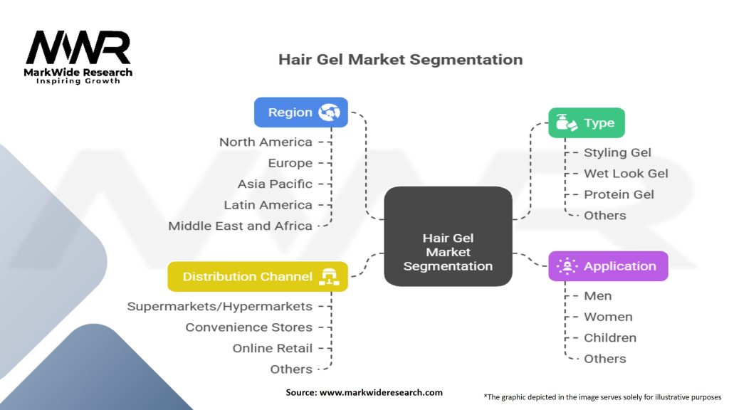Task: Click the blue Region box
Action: point(300,112)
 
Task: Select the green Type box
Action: point(586,123)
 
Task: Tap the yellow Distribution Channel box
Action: point(257,277)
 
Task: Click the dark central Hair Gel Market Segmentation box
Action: point(448,236)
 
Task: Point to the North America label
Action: point(266,142)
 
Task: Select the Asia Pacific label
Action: point(275,184)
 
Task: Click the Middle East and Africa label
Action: point(240,226)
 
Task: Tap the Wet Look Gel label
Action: point(626,173)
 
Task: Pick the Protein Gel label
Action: point(619,194)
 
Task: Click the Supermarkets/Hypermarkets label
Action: point(219,306)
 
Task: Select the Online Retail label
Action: point(272,348)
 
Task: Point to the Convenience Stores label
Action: point(248,327)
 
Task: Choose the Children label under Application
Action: point(610,337)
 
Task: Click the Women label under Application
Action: point(608,317)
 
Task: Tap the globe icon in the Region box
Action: point(329,112)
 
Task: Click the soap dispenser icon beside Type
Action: point(567,123)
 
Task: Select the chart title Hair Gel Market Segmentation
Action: point(400,59)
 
